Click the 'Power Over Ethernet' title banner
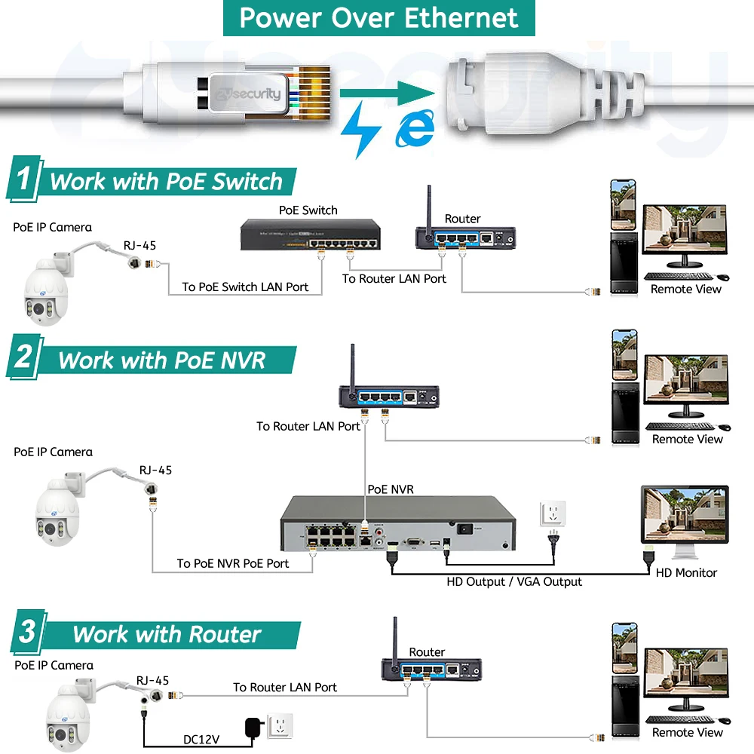[x=379, y=18]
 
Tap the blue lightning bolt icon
[x=360, y=128]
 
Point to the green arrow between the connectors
[x=388, y=94]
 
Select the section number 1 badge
[x=25, y=180]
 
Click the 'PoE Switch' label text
[x=308, y=210]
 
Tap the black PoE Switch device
[x=309, y=234]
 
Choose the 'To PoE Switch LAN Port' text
[x=245, y=287]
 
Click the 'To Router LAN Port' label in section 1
[x=394, y=278]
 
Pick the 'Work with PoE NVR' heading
[x=161, y=360]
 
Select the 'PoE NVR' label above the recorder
[x=391, y=489]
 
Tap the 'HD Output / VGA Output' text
[x=514, y=581]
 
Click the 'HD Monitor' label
[x=686, y=572]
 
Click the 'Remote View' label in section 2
[x=687, y=439]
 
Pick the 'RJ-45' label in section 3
[x=153, y=679]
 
